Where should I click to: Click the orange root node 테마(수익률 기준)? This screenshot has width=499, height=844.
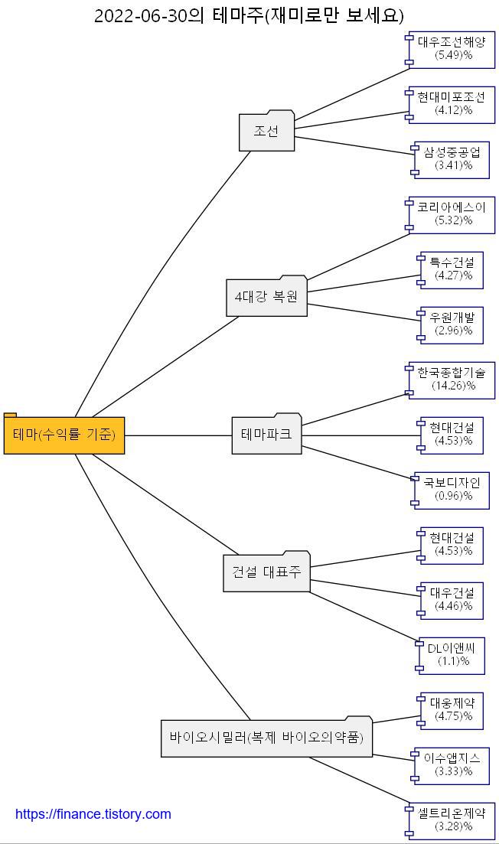click(x=64, y=435)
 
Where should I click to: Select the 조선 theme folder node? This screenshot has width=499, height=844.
click(x=266, y=131)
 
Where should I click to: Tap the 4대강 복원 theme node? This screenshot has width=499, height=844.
click(x=266, y=297)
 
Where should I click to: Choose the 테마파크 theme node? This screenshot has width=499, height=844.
click(x=266, y=435)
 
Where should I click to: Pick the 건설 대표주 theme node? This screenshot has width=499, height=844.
click(x=266, y=572)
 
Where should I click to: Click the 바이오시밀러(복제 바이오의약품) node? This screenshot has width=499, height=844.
click(x=266, y=738)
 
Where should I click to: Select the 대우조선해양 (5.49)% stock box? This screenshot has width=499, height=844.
click(x=452, y=49)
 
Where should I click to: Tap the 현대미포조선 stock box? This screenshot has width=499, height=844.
click(x=452, y=104)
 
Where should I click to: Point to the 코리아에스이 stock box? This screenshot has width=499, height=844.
click(x=452, y=214)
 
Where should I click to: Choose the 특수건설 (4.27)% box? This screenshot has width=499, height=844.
click(x=452, y=269)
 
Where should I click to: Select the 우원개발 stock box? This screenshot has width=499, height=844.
click(x=452, y=324)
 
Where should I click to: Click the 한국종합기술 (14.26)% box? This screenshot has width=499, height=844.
click(x=452, y=380)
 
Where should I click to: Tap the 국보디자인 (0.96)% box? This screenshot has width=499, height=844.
click(x=452, y=490)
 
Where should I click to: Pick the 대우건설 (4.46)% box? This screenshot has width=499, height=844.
click(x=452, y=600)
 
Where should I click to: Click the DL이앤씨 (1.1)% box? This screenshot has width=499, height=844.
click(x=452, y=655)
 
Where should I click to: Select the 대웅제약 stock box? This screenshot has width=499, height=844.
click(x=452, y=710)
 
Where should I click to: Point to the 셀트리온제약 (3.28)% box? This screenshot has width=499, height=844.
click(x=452, y=820)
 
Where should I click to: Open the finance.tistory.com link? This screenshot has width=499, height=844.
click(x=93, y=814)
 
